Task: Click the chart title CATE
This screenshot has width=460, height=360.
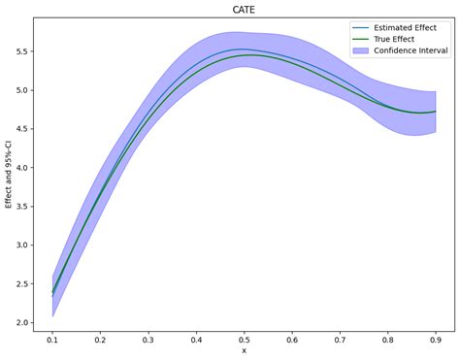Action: (x=244, y=9)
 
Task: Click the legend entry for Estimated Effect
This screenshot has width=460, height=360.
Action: (x=399, y=27)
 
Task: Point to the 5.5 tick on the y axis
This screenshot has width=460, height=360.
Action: (x=22, y=51)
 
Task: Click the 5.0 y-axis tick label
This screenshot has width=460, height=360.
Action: (x=22, y=90)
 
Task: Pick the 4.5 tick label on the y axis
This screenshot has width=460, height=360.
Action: (x=22, y=129)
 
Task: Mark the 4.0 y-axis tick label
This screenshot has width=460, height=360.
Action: (x=22, y=168)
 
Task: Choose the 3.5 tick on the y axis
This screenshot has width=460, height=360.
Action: (x=22, y=207)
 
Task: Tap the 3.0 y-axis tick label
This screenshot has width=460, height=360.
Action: (x=22, y=245)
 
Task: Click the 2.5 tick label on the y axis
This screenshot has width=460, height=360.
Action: (x=22, y=284)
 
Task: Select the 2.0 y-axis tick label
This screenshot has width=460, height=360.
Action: (x=22, y=323)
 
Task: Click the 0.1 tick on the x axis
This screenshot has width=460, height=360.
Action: (x=52, y=340)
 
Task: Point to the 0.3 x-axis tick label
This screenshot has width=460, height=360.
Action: (x=148, y=340)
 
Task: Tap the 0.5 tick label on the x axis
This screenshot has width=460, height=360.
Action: (x=244, y=340)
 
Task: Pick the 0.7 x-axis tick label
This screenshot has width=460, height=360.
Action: (x=340, y=340)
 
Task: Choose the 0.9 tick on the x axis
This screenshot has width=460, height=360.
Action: (x=435, y=340)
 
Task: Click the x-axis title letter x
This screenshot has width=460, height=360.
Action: (x=244, y=351)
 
